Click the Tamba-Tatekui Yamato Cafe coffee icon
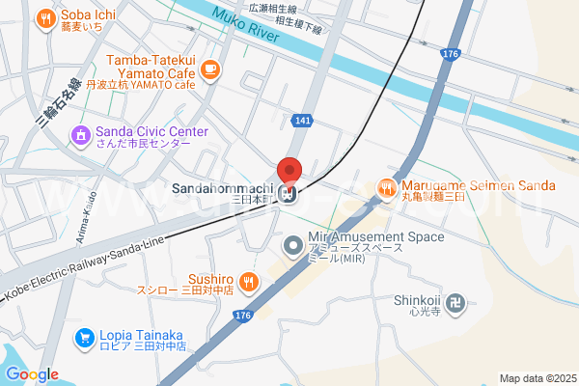click(211, 69)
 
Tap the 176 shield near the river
click(449, 54)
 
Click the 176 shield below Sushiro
click(242, 316)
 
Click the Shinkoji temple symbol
click(456, 305)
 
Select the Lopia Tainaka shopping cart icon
click(85, 337)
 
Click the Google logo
click(32, 374)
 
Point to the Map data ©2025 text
click(537, 378)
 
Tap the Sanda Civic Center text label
click(152, 131)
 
